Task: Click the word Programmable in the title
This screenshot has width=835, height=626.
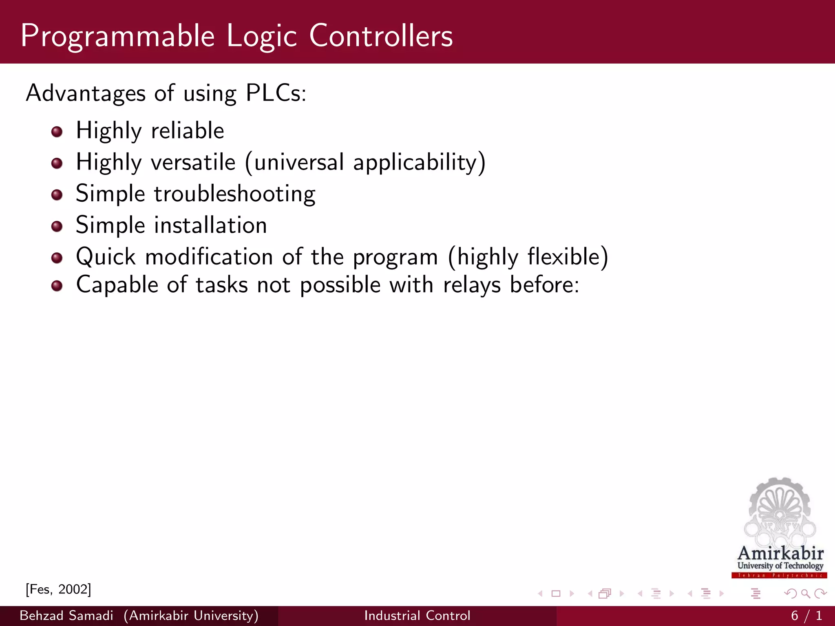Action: pos(117,37)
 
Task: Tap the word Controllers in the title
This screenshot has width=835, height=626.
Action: pos(381,36)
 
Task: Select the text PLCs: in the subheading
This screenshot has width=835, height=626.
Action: pos(276,93)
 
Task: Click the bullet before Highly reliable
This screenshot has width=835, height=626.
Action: pos(57,132)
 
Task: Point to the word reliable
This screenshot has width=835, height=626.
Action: pos(188,131)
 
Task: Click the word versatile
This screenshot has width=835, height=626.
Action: pos(193,163)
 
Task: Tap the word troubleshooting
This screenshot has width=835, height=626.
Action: pos(234,194)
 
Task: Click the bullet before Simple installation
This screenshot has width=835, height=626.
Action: pos(57,226)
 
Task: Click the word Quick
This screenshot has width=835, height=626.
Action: pos(106,257)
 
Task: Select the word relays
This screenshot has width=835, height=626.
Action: pos(472,285)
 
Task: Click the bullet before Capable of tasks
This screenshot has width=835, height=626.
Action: pos(57,286)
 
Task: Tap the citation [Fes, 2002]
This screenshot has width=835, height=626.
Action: pos(58,589)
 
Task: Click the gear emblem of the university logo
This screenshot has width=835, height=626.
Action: pos(780,509)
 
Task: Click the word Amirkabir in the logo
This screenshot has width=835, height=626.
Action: pos(780,553)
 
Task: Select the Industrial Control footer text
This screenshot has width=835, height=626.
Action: pos(417,615)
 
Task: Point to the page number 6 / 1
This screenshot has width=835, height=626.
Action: pos(806,615)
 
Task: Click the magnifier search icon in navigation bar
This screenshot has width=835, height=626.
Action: pos(805,594)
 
